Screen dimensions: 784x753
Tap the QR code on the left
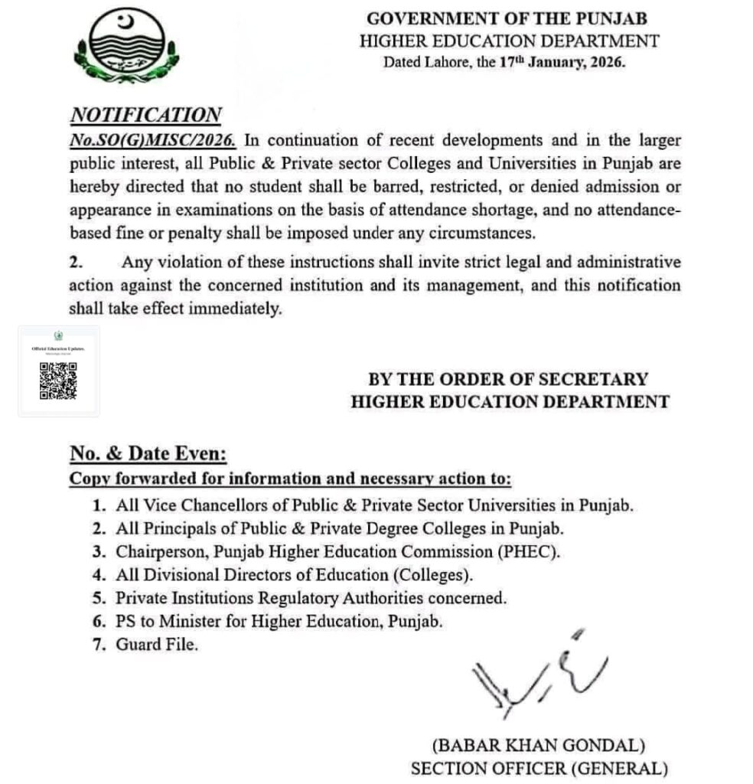point(58,381)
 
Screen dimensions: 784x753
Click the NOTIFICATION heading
point(145,115)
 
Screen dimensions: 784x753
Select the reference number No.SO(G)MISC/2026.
point(153,141)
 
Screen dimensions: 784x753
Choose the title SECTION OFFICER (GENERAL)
point(539,768)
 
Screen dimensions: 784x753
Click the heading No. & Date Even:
point(148,454)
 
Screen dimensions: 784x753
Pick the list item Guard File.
point(157,645)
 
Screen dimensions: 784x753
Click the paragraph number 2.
point(75,263)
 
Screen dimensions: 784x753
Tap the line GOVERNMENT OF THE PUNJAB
point(510,18)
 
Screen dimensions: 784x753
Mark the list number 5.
point(98,598)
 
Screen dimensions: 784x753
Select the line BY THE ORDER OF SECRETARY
point(508,379)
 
